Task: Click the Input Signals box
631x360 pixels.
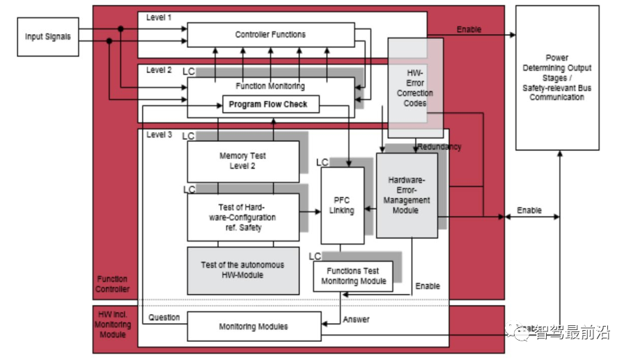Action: [48, 36]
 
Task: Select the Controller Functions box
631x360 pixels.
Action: [270, 35]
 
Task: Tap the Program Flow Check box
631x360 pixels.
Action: [270, 105]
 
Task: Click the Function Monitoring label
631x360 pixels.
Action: [270, 86]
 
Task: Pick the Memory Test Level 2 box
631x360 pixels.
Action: [242, 161]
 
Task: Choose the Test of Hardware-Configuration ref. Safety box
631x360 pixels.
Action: [242, 217]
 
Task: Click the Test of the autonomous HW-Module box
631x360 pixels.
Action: [242, 269]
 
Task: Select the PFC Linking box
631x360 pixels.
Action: [342, 205]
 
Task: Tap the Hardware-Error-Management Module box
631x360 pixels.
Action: [407, 196]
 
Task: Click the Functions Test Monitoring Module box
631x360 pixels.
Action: [353, 276]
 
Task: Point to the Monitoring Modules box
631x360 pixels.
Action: [254, 327]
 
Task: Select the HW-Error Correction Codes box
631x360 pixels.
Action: [415, 88]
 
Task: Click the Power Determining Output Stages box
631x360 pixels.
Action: [556, 77]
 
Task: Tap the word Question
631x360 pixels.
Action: [164, 318]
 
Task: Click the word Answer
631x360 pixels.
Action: [356, 320]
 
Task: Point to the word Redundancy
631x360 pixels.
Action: [439, 147]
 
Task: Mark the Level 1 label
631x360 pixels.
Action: [159, 17]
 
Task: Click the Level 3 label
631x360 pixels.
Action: [159, 134]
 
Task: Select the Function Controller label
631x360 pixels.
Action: [113, 283]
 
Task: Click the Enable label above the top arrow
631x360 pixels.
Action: [469, 29]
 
